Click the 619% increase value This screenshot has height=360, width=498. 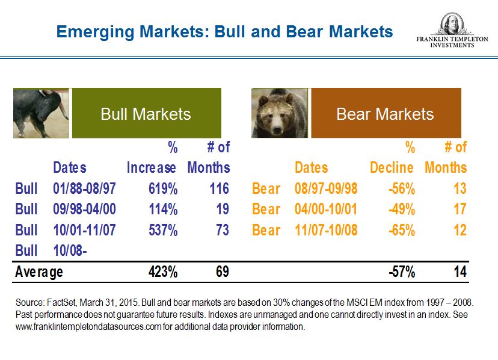(x=163, y=189)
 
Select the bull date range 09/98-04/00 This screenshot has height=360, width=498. (x=84, y=209)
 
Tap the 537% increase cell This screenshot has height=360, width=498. (x=163, y=230)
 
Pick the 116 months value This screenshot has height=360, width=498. (x=219, y=189)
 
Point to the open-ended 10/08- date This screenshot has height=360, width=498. (x=70, y=250)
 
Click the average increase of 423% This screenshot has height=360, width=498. (x=163, y=272)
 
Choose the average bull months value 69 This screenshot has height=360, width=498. (x=222, y=272)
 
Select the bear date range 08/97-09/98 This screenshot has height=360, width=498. (x=326, y=189)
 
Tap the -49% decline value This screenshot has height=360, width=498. (x=401, y=209)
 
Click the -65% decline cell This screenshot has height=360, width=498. (x=401, y=230)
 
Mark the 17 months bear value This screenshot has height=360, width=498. (x=460, y=209)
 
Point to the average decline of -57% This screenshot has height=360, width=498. (x=401, y=272)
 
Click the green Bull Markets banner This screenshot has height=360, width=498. (x=146, y=114)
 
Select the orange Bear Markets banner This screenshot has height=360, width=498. (x=385, y=114)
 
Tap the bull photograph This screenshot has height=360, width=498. (x=41, y=114)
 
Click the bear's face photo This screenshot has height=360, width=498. (x=280, y=114)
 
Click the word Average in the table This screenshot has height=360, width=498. (x=39, y=272)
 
